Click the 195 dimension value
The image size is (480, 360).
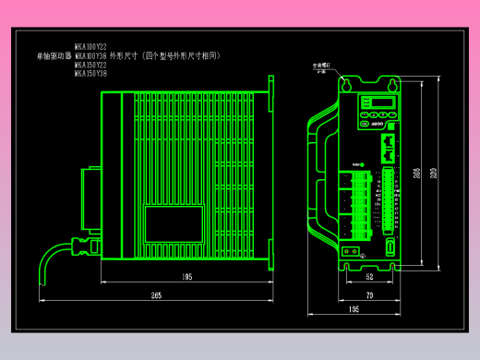pos(186,276)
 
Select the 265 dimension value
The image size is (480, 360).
pos(156,294)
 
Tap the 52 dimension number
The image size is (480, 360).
pos(369,276)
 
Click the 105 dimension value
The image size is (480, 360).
pos(354,309)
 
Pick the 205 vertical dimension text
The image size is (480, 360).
pos(417,173)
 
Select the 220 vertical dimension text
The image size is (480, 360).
pos(435,173)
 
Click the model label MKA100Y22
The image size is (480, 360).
pos(90,46)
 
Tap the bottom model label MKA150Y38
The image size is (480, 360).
pos(90,74)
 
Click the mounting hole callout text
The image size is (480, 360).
pos(320,68)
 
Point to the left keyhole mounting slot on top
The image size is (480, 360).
pos(346,85)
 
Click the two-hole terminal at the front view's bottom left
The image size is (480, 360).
pos(351,249)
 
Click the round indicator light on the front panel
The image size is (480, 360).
pos(362,166)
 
